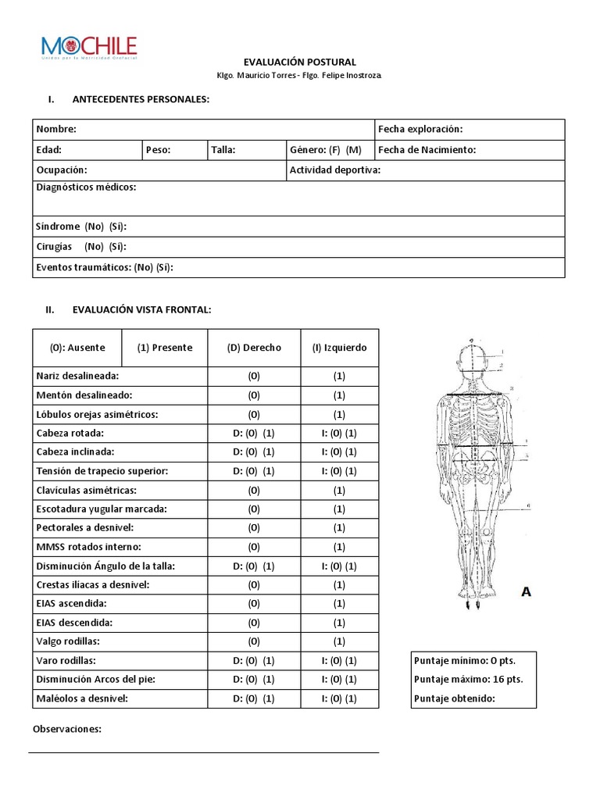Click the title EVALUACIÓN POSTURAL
click(299, 62)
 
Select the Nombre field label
click(56, 129)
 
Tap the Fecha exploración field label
click(420, 129)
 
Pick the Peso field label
click(159, 150)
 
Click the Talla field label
click(223, 150)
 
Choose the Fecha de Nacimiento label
click(427, 150)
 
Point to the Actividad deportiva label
click(334, 170)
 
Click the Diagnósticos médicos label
click(86, 187)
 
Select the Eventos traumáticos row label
click(104, 267)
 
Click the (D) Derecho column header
click(254, 348)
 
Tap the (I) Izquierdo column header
click(339, 348)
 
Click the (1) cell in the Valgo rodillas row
click(339, 641)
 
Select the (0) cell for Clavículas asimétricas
click(254, 490)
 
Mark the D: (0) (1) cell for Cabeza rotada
click(254, 433)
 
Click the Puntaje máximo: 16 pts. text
click(469, 679)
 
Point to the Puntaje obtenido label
click(455, 698)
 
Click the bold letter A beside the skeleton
click(526, 592)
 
